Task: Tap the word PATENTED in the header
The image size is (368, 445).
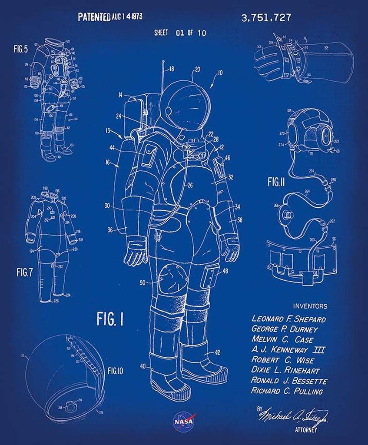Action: (93, 17)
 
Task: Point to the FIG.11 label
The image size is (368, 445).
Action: (276, 183)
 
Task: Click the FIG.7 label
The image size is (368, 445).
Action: (25, 272)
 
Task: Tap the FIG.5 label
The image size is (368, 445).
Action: (20, 49)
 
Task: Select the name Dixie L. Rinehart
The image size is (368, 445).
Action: (286, 371)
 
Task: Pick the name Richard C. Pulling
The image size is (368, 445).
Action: (287, 391)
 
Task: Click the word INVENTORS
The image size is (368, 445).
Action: (311, 306)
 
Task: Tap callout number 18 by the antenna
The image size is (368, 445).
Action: (171, 69)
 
